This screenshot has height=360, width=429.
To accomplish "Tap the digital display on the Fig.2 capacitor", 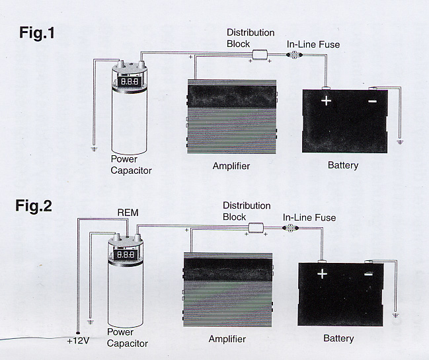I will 125,254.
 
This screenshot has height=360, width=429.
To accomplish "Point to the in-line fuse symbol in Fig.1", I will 293,57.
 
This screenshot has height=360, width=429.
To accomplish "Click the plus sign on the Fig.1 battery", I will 326,100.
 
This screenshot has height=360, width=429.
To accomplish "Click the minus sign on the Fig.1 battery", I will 372,101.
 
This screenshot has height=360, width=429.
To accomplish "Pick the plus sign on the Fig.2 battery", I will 322,273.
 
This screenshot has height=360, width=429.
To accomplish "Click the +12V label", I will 77,341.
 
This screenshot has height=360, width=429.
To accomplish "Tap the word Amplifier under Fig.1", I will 231,166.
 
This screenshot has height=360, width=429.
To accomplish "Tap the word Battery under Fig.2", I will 338,338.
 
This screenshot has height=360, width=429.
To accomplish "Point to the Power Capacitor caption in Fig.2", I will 127,338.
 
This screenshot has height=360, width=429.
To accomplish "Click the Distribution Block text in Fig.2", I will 246,211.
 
